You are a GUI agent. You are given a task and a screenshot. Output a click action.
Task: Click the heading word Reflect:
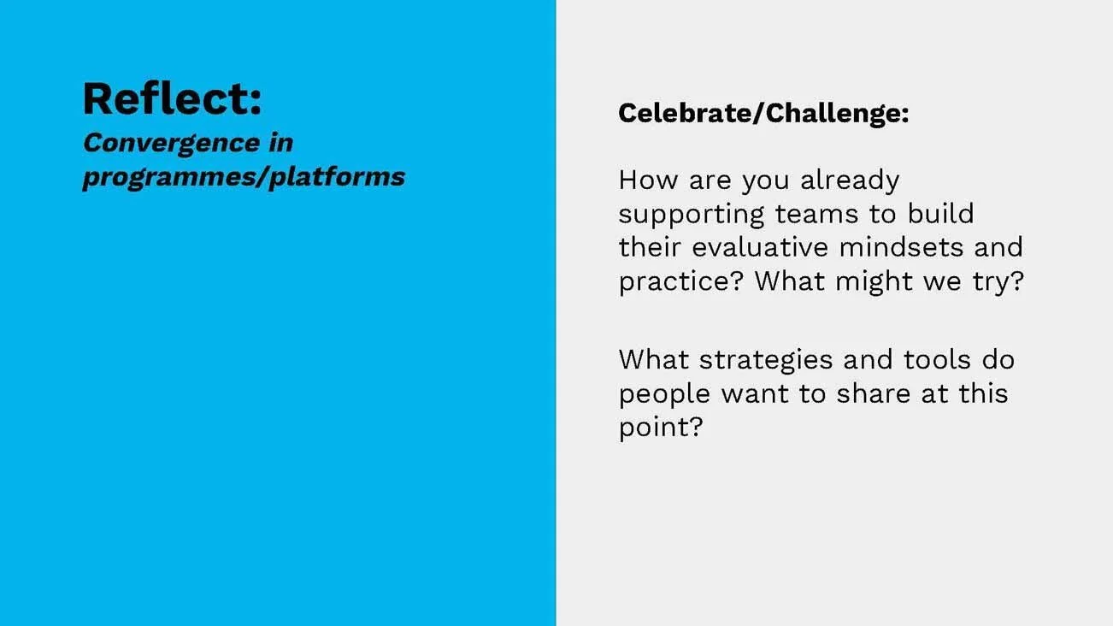[172, 98]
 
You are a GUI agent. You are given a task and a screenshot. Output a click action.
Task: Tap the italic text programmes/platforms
[244, 177]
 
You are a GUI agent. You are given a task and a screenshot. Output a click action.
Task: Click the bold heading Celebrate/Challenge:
[763, 113]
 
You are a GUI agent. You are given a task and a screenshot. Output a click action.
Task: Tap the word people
[665, 394]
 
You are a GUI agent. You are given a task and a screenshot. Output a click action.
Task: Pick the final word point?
[660, 428]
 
